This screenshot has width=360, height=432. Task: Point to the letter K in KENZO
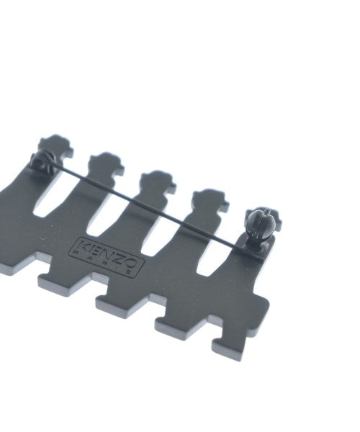84,246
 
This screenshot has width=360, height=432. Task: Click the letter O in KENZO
130,263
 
